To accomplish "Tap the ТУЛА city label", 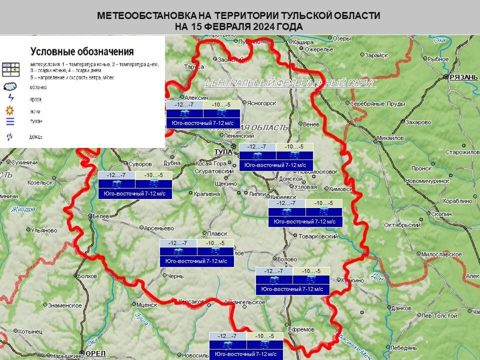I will coord(222,151).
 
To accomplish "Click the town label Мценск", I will coord(147,304).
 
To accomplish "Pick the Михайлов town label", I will coord(390,137).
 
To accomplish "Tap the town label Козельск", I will coord(40,182).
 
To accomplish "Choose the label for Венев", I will coord(310,123).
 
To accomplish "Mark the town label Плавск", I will coord(217,233).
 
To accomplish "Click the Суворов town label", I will coord(140,164).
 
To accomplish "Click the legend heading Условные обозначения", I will coord(82,51).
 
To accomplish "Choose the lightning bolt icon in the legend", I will coord(10,98).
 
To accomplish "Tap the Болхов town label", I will coord(87,275).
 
